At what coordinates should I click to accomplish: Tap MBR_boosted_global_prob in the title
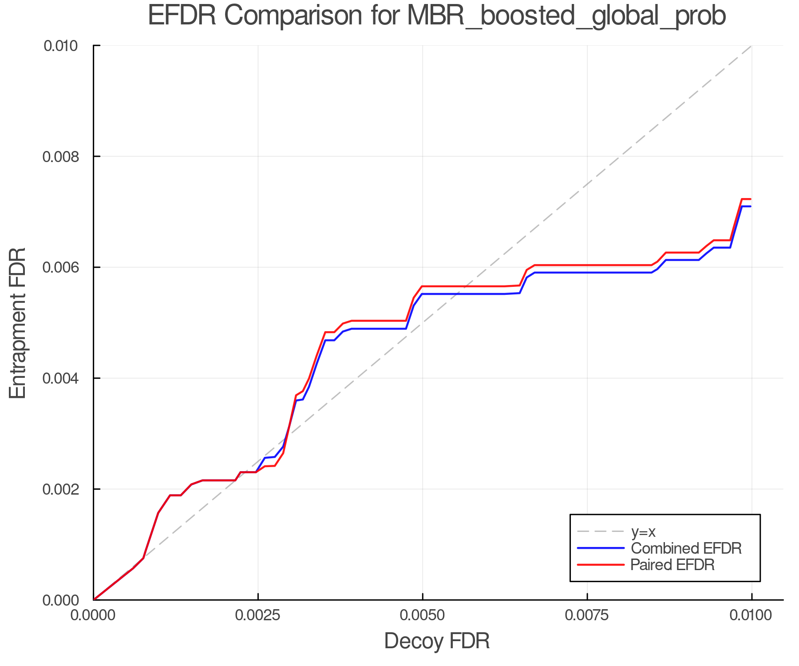[x=566, y=16]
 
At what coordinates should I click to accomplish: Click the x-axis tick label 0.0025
[x=258, y=615]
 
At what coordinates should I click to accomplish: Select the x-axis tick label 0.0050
[x=423, y=615]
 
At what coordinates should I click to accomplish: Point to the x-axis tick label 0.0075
[x=587, y=615]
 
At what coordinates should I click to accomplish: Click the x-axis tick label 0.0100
[x=752, y=615]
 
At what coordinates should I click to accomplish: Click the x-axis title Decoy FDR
[x=437, y=641]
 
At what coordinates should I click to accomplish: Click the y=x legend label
[x=643, y=531]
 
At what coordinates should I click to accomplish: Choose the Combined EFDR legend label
[x=686, y=548]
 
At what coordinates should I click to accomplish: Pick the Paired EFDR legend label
[x=672, y=565]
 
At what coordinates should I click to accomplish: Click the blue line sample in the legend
[x=601, y=548]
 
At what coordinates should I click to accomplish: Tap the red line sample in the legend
[x=601, y=565]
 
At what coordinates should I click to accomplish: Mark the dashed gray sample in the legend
[x=601, y=531]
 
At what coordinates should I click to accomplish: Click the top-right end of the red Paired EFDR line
[x=750, y=199]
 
